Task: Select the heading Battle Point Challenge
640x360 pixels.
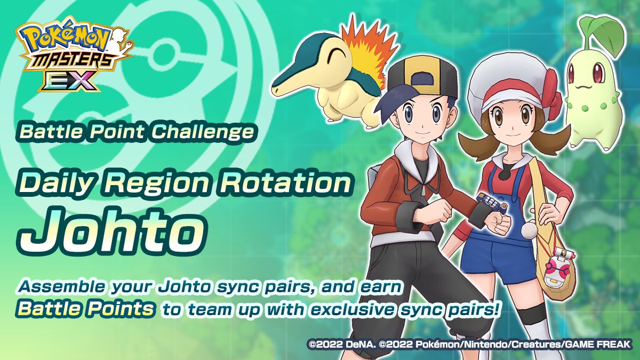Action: point(135,132)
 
